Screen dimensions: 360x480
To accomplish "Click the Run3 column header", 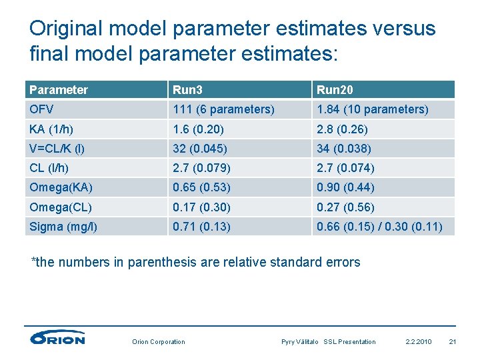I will tap(187, 90).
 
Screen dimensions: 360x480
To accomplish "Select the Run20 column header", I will tap(335, 90).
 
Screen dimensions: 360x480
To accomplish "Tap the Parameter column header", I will tap(59, 90).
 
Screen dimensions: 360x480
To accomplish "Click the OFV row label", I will tap(41, 109).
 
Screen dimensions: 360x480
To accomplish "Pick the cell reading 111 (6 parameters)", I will tap(223, 109).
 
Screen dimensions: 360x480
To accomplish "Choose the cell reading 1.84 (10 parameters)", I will tap(372, 109).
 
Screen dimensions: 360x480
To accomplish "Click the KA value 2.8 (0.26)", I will tap(342, 129).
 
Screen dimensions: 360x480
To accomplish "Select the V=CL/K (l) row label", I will tap(57, 149).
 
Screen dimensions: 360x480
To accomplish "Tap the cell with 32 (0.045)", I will tap(200, 149).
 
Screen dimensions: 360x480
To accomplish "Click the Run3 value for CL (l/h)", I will tap(200, 168).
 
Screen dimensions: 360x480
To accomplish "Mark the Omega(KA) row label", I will tap(61, 188).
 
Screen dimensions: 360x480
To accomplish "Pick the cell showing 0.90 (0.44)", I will tap(345, 188).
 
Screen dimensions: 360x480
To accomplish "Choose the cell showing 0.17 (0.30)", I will tap(201, 207).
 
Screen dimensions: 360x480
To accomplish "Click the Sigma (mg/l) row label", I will tap(63, 227).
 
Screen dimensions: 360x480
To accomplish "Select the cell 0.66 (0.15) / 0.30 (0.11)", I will tap(379, 227).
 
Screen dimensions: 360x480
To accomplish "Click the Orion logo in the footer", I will tap(58, 338).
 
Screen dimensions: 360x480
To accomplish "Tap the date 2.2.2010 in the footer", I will tap(419, 342).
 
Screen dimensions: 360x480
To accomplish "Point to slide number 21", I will tap(453, 342).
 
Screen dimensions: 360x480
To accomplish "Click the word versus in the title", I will tap(399, 29).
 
